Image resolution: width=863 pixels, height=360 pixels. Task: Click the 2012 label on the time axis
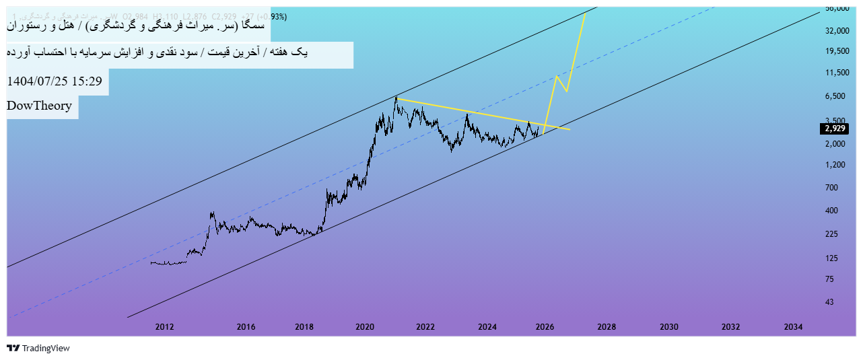pos(165,327)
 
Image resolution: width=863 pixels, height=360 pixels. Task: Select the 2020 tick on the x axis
pos(365,327)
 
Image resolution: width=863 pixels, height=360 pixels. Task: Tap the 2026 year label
pos(545,327)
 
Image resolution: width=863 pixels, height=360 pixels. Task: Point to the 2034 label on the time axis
pos(793,327)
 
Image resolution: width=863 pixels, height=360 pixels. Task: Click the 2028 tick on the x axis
pos(607,327)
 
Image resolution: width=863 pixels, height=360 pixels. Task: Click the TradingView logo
pos(38,348)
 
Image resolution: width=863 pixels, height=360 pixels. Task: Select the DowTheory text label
pos(40,106)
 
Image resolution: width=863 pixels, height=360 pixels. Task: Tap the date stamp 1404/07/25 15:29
pos(55,81)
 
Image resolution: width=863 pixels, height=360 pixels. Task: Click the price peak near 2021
pos(396,98)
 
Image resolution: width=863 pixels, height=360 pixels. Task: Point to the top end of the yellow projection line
pos(585,13)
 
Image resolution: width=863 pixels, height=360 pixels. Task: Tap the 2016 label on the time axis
pos(246,327)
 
